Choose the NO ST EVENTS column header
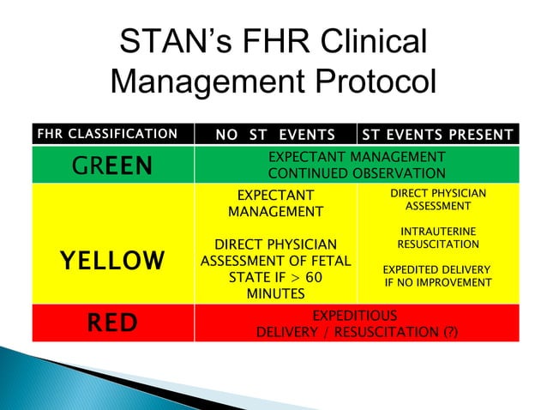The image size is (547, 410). click(x=274, y=134)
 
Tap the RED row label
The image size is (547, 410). click(x=113, y=323)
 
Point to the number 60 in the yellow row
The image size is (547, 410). click(x=314, y=278)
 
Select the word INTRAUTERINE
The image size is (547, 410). click(x=437, y=232)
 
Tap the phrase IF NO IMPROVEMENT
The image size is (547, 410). click(x=437, y=282)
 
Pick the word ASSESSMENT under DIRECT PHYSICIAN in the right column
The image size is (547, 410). click(x=437, y=207)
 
